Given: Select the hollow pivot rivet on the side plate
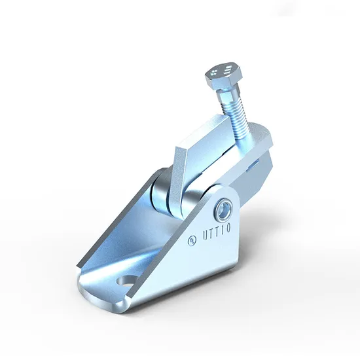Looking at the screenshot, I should pos(223,209).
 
